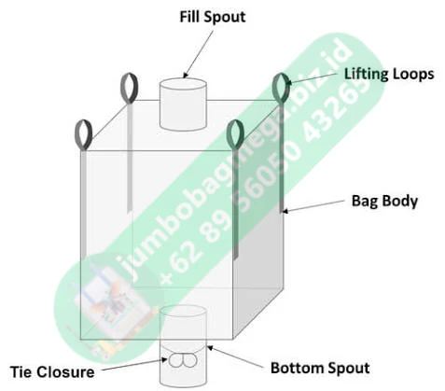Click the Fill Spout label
click(x=213, y=17)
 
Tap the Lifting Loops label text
click(x=389, y=75)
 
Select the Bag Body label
click(x=384, y=201)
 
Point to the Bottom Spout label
click(x=320, y=368)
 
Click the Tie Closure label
click(x=52, y=372)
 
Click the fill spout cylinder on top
click(x=183, y=105)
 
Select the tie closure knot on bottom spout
click(x=183, y=361)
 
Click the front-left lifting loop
click(x=83, y=134)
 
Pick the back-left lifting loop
click(x=129, y=88)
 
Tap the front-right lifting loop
click(x=235, y=134)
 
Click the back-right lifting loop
click(x=281, y=89)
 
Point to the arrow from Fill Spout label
click(x=199, y=54)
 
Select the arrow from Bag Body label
click(x=313, y=206)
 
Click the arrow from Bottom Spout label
click(x=235, y=356)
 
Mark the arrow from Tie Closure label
click(x=134, y=365)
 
